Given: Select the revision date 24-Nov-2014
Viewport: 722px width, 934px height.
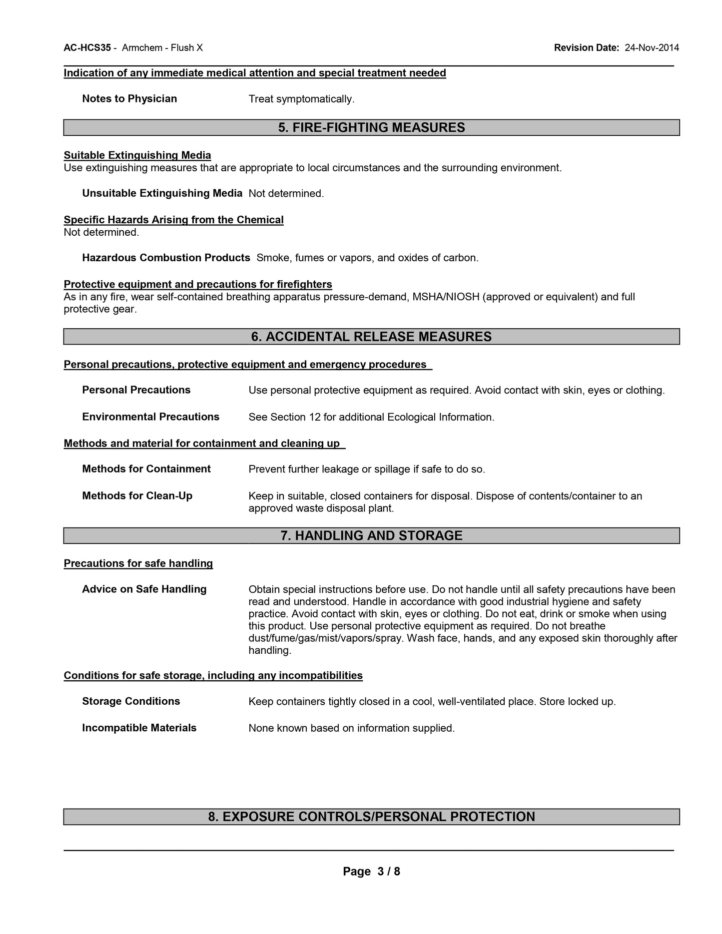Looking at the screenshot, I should point(652,48).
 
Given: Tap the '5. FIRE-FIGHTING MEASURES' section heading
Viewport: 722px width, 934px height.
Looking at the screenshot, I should point(371,128).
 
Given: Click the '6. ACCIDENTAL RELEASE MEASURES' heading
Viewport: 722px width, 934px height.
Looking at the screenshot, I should point(371,337).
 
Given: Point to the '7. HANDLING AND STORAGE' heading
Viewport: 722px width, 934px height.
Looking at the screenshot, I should point(371,536).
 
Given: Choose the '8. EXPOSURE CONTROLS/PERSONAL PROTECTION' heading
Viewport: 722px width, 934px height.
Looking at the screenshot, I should point(371,817).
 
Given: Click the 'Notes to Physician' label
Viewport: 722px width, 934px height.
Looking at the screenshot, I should point(129,99).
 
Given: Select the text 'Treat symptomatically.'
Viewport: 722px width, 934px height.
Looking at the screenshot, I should point(301,99).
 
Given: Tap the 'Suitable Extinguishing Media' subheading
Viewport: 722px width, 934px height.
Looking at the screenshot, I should point(137,155).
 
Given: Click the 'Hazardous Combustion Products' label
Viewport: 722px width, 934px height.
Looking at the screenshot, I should point(166,258).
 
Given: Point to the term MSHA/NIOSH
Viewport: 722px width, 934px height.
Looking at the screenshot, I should point(446,297).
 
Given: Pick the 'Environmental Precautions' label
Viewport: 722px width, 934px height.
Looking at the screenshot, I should point(150,417).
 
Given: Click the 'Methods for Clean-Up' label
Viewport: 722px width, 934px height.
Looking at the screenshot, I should point(137,496).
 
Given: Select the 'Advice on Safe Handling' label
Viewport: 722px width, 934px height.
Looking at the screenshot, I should point(144,589).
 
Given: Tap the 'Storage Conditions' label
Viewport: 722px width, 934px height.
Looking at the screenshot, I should point(131,701).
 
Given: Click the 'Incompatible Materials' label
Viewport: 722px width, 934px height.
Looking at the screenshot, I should point(139,728).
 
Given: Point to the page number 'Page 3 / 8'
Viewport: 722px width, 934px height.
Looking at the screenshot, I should point(371,872).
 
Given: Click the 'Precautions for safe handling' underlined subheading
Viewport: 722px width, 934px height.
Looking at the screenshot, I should point(138,563).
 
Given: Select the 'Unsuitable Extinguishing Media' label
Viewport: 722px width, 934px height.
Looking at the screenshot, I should point(162,193).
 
